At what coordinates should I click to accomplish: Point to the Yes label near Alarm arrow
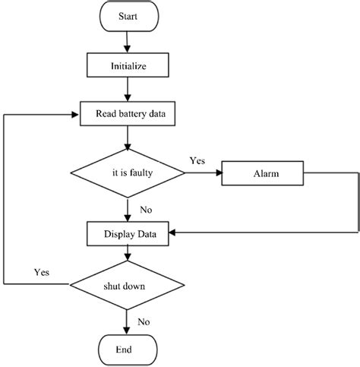197,160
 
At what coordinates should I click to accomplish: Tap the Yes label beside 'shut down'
43,271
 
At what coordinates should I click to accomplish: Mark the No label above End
143,321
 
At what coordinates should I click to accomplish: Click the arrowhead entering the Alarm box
217,173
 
